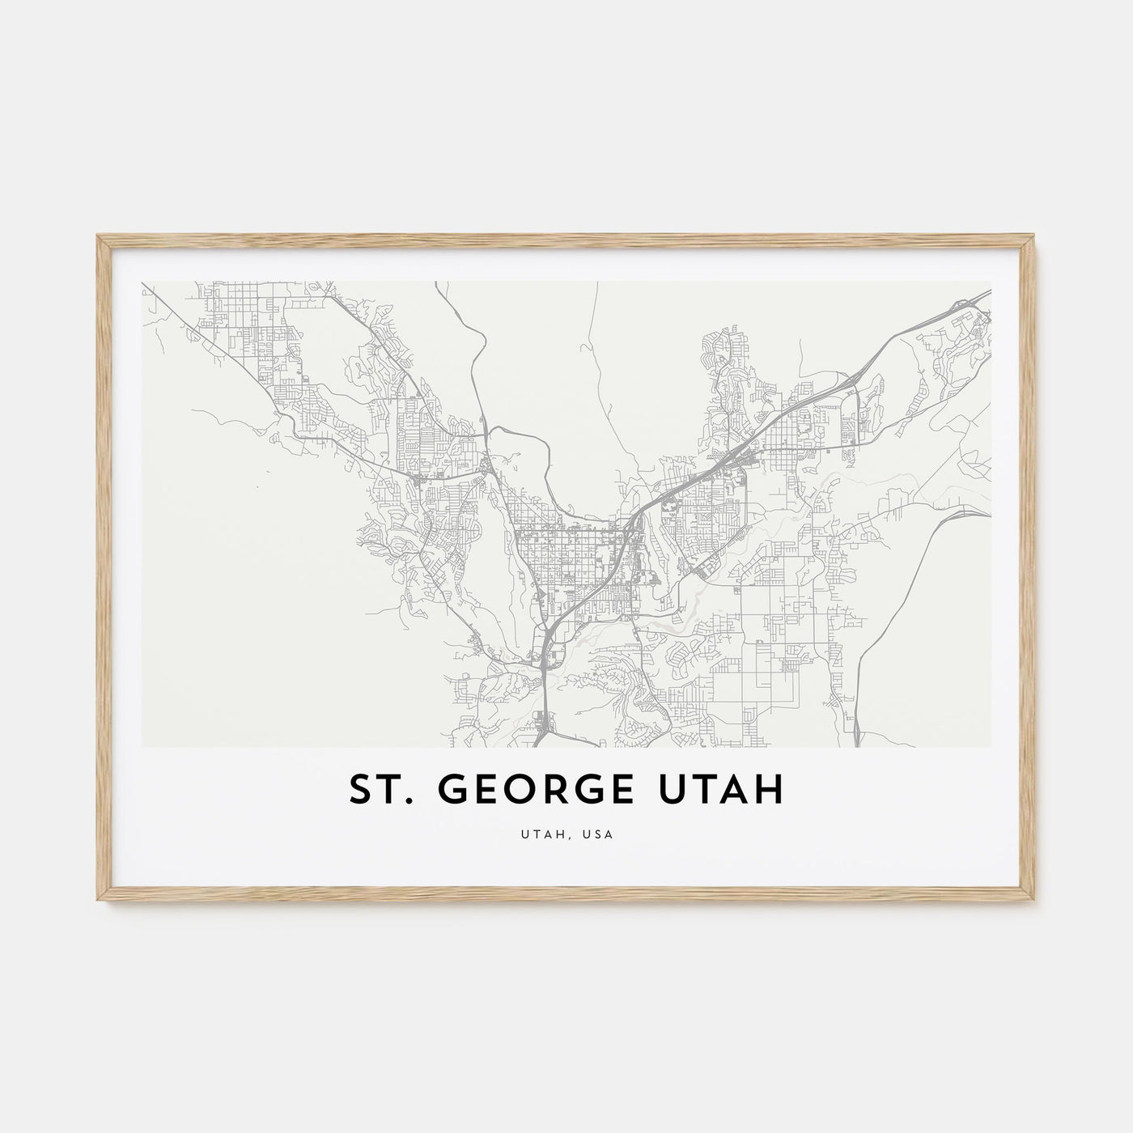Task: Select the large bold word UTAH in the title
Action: click(723, 791)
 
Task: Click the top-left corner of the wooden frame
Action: click(98, 236)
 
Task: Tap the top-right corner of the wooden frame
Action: click(1035, 236)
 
